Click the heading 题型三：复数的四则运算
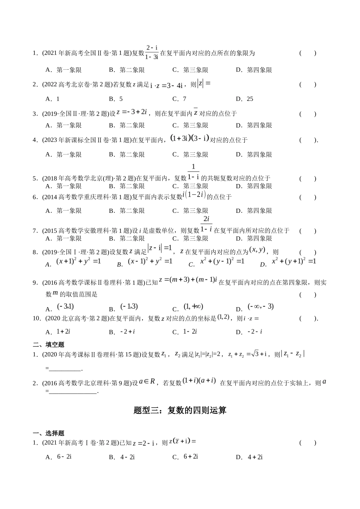pyautogui.click(x=180, y=411)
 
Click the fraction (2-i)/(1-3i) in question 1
pyautogui.click(x=152, y=52)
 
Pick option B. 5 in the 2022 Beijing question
pyautogui.click(x=116, y=99)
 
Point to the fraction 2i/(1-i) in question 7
pyautogui.click(x=206, y=224)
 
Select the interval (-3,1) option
pyautogui.click(x=65, y=307)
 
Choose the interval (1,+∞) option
pyautogui.click(x=193, y=307)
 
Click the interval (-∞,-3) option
pyautogui.click(x=260, y=307)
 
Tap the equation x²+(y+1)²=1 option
pyautogui.click(x=294, y=261)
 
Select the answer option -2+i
pyautogui.click(x=128, y=332)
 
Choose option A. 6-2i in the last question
pyautogui.click(x=64, y=457)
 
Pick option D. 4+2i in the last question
pyautogui.click(x=255, y=457)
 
